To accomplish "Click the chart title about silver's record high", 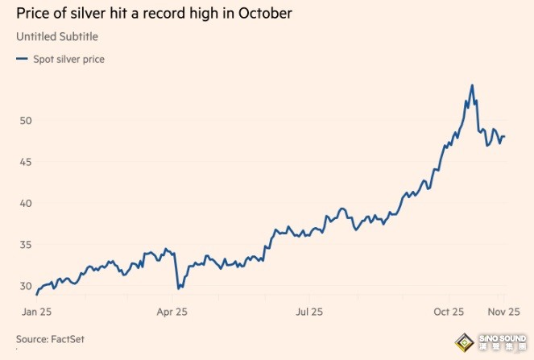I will (154, 14).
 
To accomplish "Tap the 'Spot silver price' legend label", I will (68, 59).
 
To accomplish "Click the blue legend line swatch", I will (21, 59).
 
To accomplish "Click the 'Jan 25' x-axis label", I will (38, 311).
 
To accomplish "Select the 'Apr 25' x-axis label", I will (172, 311).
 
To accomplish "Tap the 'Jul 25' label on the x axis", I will (309, 311).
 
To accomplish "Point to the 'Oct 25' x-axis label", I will (449, 311).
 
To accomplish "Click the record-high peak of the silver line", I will (472, 85).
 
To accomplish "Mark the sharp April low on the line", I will (177, 288).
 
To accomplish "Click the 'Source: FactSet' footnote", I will (50, 339).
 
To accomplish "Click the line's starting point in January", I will (37, 294).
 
